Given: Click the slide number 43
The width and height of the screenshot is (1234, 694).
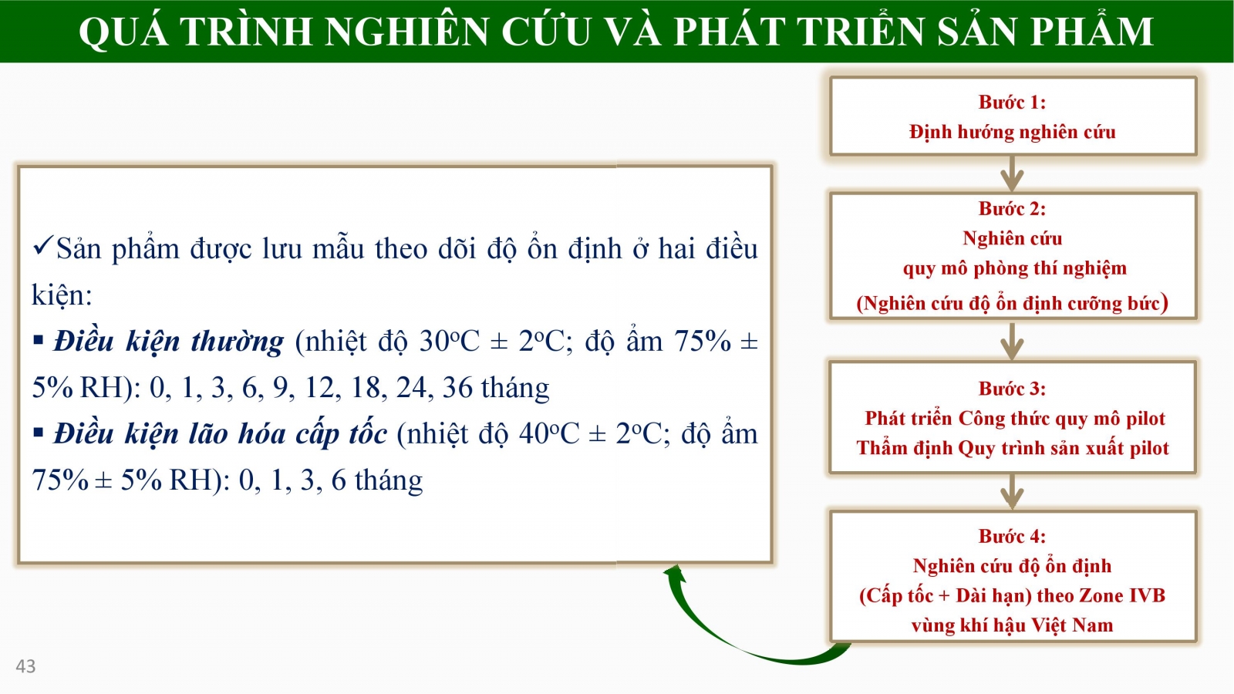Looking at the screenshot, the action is point(25,666).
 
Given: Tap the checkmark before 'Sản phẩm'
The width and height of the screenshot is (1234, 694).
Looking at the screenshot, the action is point(43,246).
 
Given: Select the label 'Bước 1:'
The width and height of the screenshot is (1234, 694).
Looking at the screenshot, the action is point(1012,102).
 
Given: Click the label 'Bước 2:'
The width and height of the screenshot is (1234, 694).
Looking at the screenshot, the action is point(1012,208).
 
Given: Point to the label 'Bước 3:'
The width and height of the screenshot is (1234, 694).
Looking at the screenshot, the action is point(1012,389).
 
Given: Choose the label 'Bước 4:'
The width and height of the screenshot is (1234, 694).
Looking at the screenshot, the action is point(1012,536).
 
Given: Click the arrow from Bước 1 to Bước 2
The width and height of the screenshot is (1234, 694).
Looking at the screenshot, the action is point(1012,173).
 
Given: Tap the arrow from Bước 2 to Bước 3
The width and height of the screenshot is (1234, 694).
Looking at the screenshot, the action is point(1012,342).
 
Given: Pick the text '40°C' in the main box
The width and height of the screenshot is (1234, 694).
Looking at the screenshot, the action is point(549,434).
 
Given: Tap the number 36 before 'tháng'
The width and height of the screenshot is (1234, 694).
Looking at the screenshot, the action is point(457,388).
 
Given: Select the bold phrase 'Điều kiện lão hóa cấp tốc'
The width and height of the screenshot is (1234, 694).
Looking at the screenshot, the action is point(221,434).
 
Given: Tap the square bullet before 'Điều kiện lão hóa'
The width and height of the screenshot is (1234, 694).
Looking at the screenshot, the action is point(38,433).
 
